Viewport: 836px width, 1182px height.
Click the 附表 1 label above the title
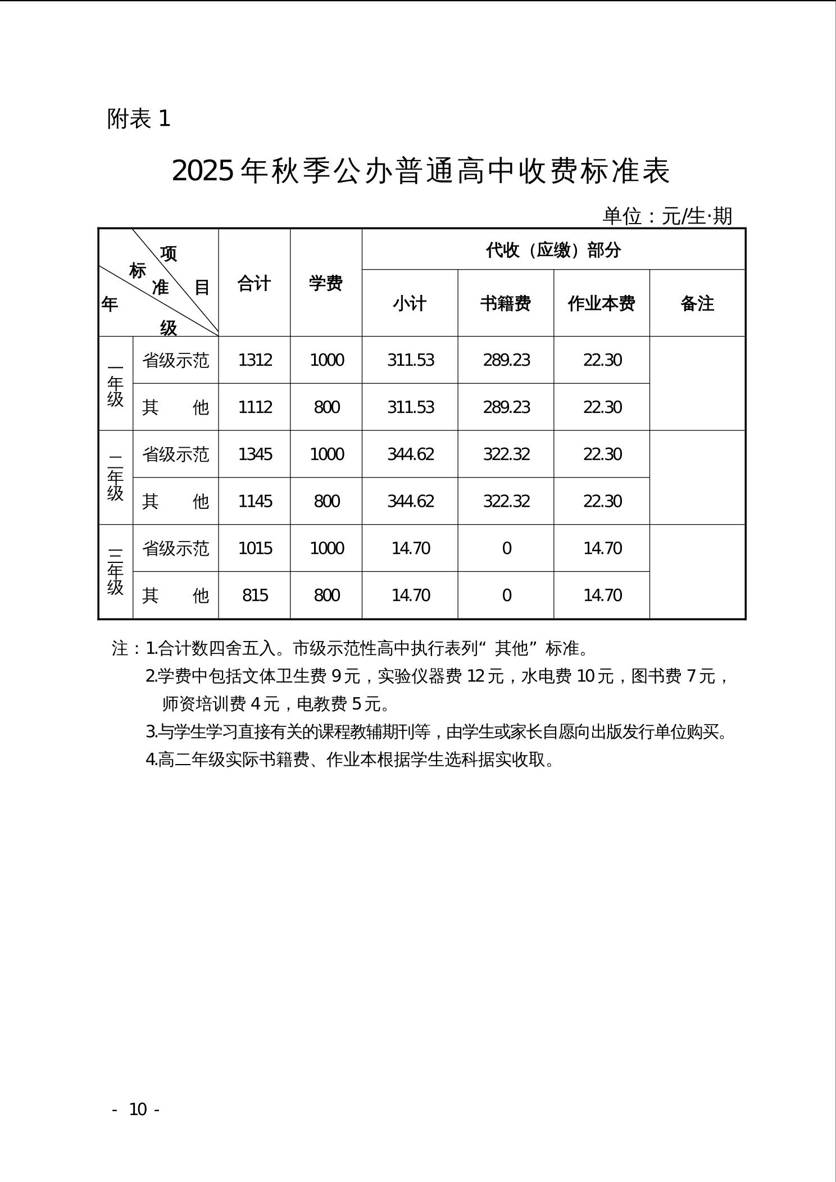pyautogui.click(x=139, y=119)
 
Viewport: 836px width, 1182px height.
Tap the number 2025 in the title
pyautogui.click(x=202, y=170)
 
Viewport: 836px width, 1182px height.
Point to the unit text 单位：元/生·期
pyautogui.click(x=667, y=216)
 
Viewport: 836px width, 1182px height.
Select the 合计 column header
pyautogui.click(x=254, y=283)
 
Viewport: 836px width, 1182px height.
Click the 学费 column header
pyautogui.click(x=326, y=283)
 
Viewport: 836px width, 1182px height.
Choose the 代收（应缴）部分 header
pyautogui.click(x=553, y=250)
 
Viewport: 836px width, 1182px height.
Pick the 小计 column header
pyautogui.click(x=410, y=303)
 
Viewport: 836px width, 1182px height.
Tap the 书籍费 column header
pyautogui.click(x=506, y=303)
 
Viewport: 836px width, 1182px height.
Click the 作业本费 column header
pyautogui.click(x=601, y=303)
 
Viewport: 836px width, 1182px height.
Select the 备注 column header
pyautogui.click(x=697, y=303)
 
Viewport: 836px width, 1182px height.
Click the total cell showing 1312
pyautogui.click(x=255, y=360)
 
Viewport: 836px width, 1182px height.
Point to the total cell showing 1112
pyautogui.click(x=255, y=407)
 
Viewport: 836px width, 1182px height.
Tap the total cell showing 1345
pyautogui.click(x=255, y=454)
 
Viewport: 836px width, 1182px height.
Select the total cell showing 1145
pyautogui.click(x=255, y=501)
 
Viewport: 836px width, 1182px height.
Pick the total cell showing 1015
pyautogui.click(x=255, y=548)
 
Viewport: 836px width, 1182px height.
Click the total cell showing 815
pyautogui.click(x=255, y=595)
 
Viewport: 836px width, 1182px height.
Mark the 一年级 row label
pyautogui.click(x=115, y=384)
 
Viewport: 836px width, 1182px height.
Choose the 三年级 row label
pyautogui.click(x=115, y=572)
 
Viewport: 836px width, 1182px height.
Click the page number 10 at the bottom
pyautogui.click(x=138, y=1109)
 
